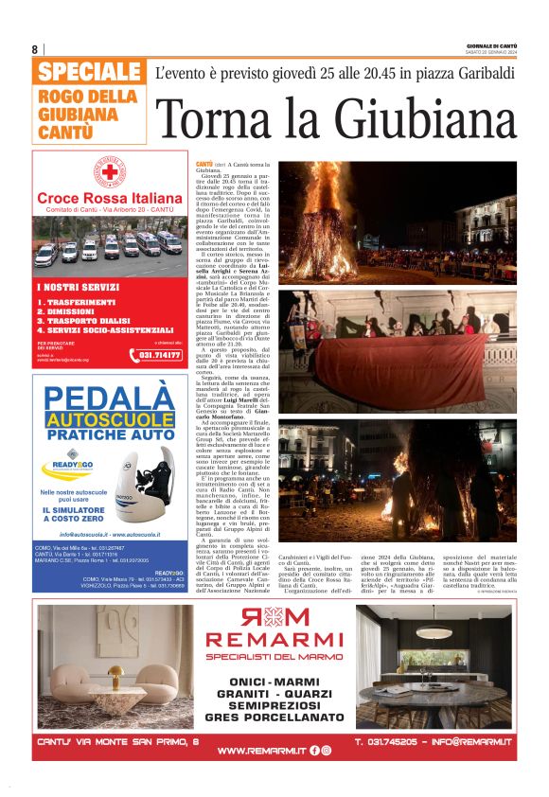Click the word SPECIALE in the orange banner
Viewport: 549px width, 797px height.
pos(90,72)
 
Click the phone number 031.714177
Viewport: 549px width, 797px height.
pos(160,355)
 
